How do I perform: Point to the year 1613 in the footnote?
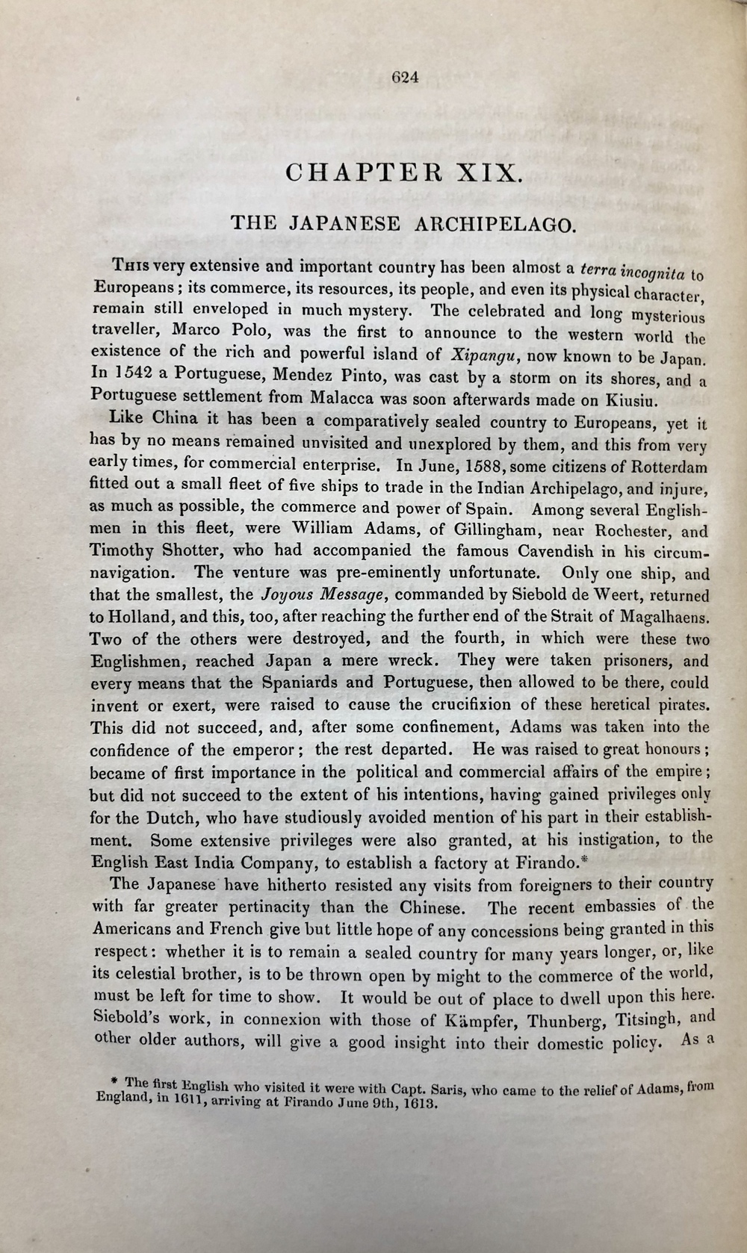pos(413,1105)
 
